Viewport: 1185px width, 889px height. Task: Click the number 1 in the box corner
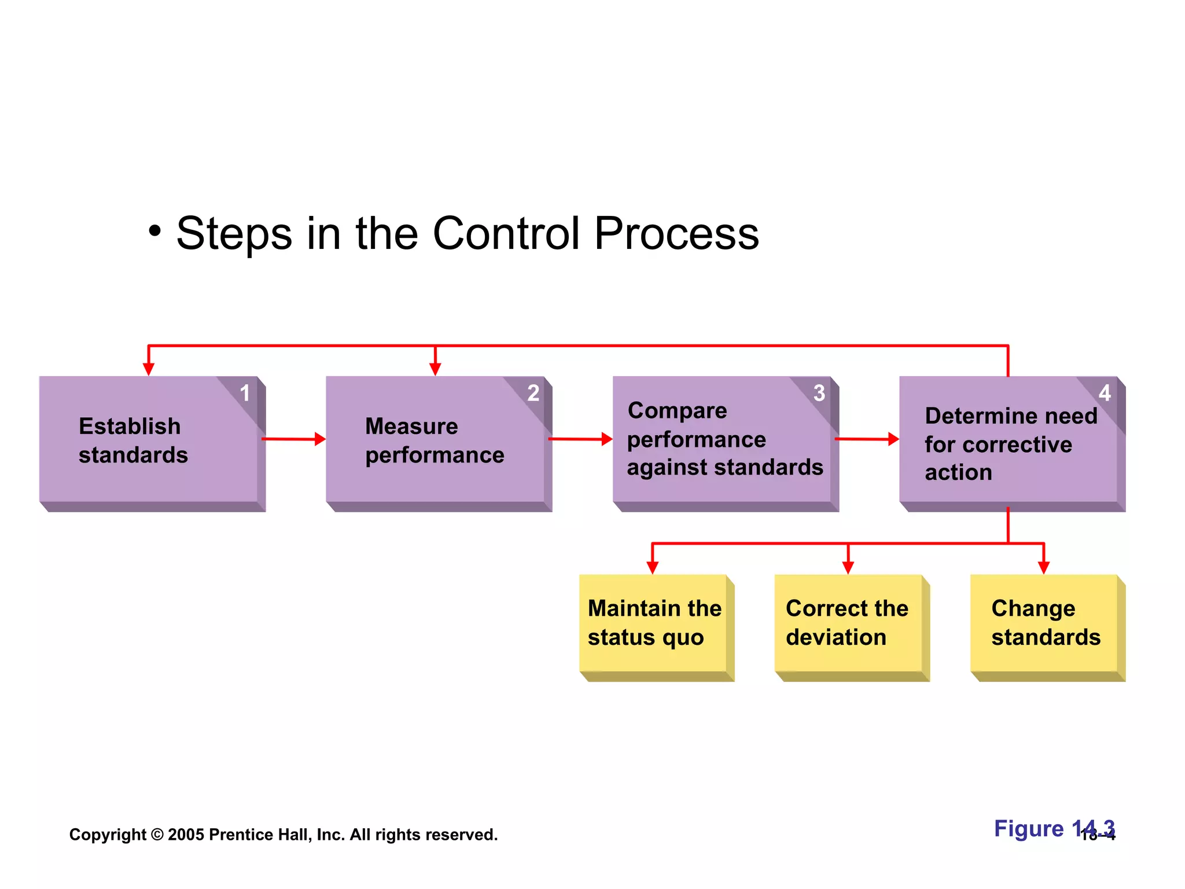tap(245, 394)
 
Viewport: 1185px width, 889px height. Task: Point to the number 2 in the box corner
tap(533, 394)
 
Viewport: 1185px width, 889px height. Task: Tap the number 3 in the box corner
tap(819, 394)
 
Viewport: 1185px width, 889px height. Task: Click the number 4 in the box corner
tap(1105, 394)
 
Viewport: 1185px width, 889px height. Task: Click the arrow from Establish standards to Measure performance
tap(294, 439)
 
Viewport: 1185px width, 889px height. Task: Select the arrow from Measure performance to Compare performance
tap(580, 439)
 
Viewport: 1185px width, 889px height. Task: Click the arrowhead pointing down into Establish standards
tap(149, 369)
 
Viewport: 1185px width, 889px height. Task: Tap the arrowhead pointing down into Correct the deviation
tap(848, 567)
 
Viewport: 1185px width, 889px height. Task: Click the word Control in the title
tap(506, 233)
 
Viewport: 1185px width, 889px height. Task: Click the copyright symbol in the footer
tap(157, 835)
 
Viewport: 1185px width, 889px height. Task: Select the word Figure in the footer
tap(1029, 828)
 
